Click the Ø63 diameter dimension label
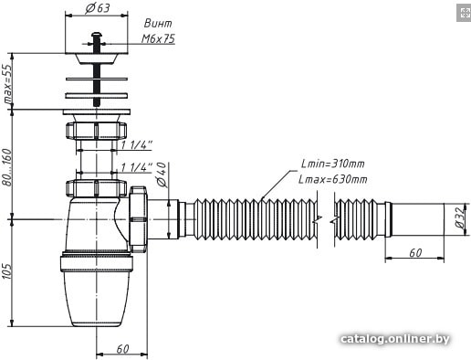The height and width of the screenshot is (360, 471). [98, 7]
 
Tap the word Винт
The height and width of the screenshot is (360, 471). [158, 24]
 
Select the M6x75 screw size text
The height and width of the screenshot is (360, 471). [158, 38]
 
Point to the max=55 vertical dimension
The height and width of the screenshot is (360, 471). [7, 83]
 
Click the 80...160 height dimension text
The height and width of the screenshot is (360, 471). [7, 167]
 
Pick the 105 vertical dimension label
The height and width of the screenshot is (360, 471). [7, 270]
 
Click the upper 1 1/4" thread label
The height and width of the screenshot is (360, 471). [137, 145]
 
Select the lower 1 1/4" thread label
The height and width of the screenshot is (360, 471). [137, 167]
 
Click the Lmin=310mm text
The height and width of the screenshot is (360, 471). [333, 164]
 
